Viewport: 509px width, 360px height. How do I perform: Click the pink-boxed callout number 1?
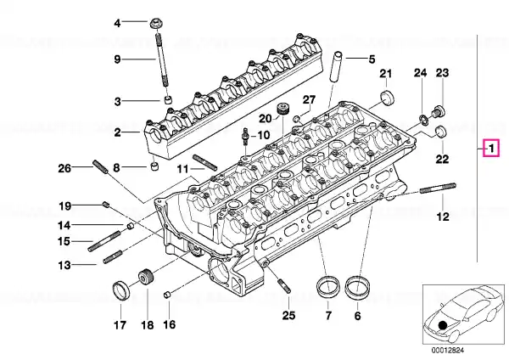(x=491, y=149)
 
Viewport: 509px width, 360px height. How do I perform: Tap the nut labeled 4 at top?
(x=156, y=24)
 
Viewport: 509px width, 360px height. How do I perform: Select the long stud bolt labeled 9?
(x=162, y=59)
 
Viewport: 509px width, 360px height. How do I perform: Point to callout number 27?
(x=309, y=99)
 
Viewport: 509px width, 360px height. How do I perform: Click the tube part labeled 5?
(x=336, y=66)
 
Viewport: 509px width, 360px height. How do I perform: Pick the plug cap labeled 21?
(x=388, y=98)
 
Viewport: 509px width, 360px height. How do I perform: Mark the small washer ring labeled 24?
(x=423, y=119)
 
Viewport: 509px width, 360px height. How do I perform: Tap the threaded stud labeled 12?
(x=438, y=188)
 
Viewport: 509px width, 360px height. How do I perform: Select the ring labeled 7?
(x=327, y=287)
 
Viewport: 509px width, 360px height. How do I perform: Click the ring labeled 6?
(x=356, y=287)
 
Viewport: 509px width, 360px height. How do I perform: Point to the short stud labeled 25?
(x=284, y=287)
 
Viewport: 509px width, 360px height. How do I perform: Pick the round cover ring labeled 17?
(x=120, y=290)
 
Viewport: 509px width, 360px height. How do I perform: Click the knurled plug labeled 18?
(x=147, y=277)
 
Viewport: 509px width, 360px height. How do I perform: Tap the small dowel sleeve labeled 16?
(x=167, y=295)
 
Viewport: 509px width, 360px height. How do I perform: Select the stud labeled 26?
(x=100, y=166)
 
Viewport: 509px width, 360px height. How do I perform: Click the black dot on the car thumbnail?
(x=443, y=325)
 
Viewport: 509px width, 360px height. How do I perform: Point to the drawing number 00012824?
(x=448, y=351)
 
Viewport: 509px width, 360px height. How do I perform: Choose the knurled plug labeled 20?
(x=283, y=109)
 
